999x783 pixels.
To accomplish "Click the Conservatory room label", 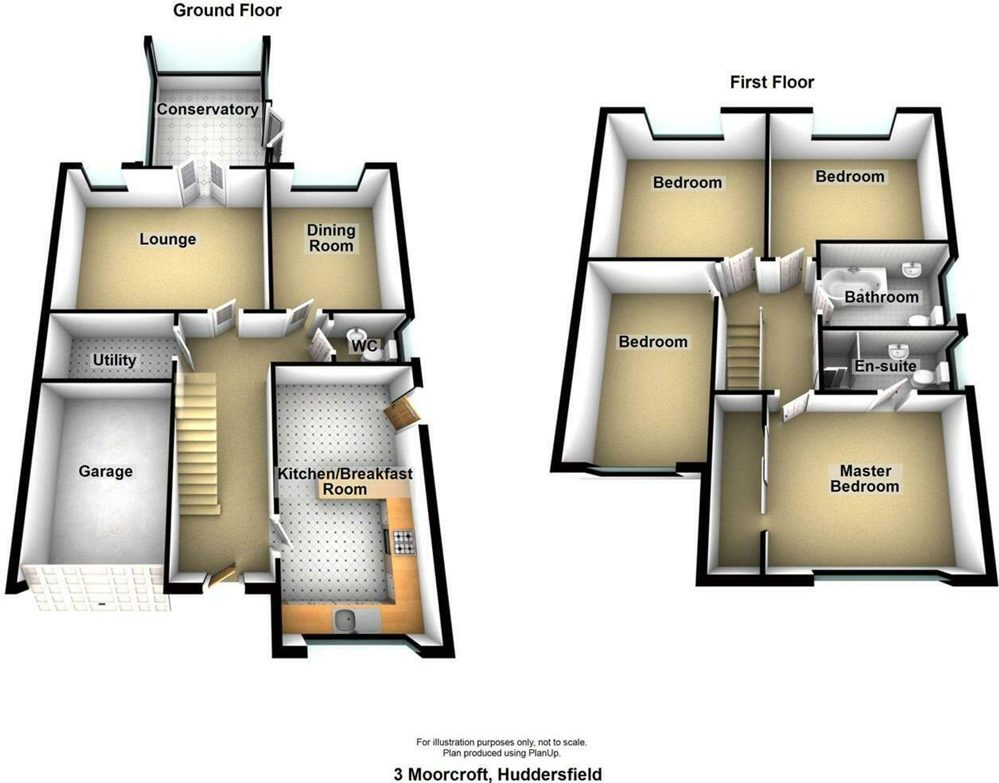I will (207, 109).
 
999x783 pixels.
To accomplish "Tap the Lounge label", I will (167, 239).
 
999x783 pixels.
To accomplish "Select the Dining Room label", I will (331, 238).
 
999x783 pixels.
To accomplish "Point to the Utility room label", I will (114, 360).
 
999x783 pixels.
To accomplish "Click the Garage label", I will (105, 471).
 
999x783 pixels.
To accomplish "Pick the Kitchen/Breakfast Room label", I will (345, 481).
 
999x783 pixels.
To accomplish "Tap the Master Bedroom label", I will (865, 478).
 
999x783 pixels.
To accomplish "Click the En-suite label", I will (885, 366).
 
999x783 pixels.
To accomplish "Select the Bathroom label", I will (882, 297).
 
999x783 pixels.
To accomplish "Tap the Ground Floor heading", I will (227, 10).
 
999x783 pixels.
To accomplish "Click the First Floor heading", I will (772, 82).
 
